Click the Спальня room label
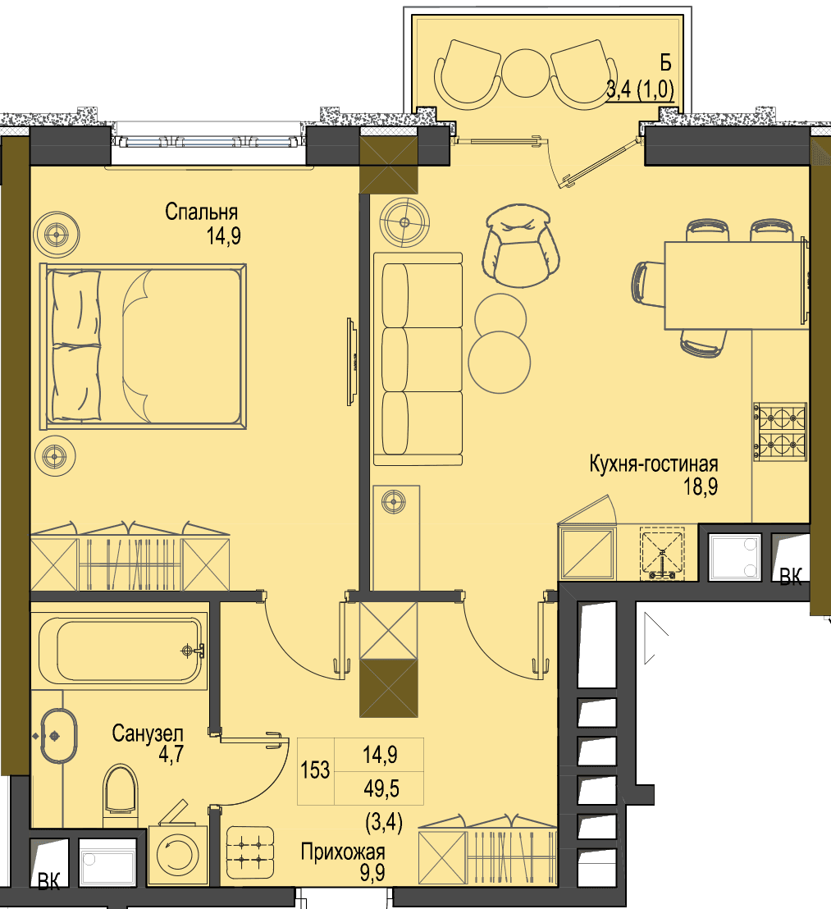(x=201, y=212)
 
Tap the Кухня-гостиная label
(x=654, y=464)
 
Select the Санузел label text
(x=147, y=733)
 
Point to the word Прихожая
(x=342, y=852)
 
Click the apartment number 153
(x=315, y=770)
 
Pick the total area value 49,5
(x=381, y=788)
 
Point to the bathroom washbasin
(x=58, y=736)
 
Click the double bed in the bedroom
(x=143, y=347)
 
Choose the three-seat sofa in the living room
(x=418, y=359)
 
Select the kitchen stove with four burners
(x=780, y=432)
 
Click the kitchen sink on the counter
(x=662, y=553)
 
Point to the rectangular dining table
(x=736, y=285)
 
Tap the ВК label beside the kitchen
(x=791, y=577)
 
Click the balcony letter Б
(x=665, y=62)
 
